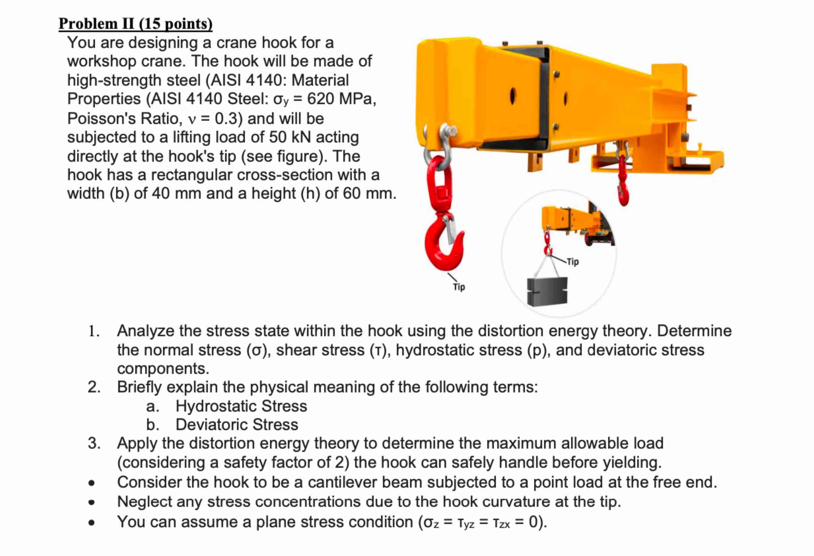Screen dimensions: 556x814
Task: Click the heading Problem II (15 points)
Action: click(135, 24)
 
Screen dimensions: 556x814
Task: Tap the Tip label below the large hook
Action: click(459, 287)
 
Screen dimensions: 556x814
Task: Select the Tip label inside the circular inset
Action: click(573, 262)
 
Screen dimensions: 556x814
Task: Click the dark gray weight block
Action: click(547, 292)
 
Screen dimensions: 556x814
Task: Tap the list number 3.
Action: click(94, 444)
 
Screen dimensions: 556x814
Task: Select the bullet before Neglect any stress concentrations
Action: click(92, 502)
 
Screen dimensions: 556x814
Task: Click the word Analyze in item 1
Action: click(145, 331)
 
